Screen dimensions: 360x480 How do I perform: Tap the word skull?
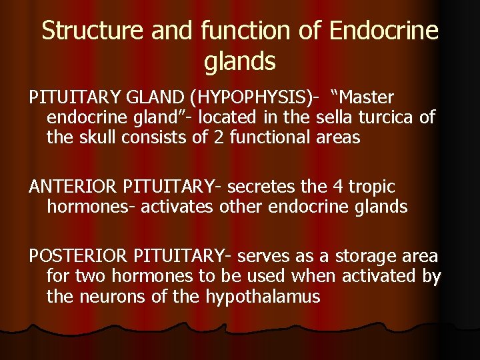(x=101, y=138)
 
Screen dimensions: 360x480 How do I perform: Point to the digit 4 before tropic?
(x=346, y=187)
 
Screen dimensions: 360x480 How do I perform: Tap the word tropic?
(x=375, y=187)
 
